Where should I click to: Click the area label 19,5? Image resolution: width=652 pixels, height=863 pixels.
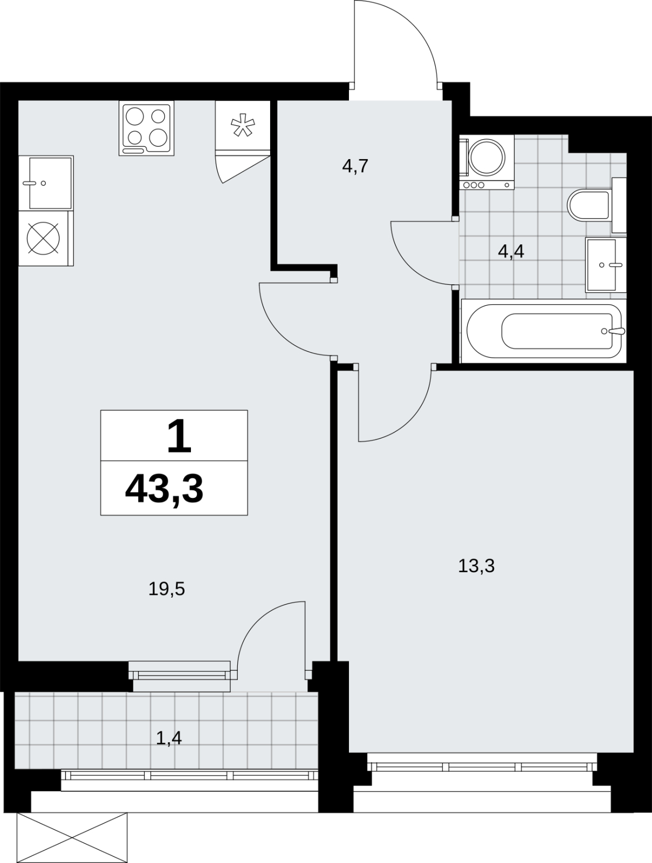(x=166, y=589)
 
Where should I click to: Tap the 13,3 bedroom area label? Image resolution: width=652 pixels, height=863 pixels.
(x=476, y=566)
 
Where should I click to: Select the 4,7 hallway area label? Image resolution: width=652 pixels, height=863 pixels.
(x=355, y=166)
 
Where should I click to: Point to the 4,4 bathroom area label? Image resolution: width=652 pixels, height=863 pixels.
(x=511, y=251)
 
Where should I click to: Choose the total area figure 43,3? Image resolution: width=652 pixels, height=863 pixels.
(x=164, y=489)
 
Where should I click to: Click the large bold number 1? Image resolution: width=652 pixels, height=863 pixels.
(x=179, y=436)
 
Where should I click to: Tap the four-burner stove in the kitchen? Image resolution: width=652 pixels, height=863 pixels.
(x=147, y=128)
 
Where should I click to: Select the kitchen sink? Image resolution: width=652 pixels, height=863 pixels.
(x=46, y=183)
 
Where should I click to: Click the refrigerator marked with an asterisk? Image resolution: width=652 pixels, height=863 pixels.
(x=243, y=126)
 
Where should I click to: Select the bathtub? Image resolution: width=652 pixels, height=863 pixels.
(x=544, y=331)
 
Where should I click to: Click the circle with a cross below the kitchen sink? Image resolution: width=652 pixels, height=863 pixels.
(x=44, y=238)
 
